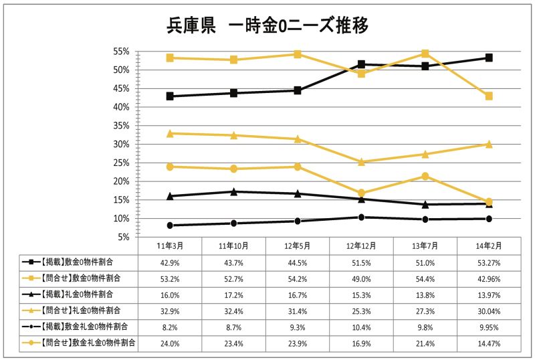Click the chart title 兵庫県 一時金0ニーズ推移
(267, 25)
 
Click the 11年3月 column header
(170, 246)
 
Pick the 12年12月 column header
(361, 246)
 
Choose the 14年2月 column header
(489, 246)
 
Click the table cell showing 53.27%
(489, 262)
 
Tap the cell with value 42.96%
(489, 277)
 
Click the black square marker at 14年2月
(489, 58)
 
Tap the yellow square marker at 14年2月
(489, 96)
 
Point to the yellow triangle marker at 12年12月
(361, 162)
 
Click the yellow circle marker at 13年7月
(425, 176)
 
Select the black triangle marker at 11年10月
(233, 191)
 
